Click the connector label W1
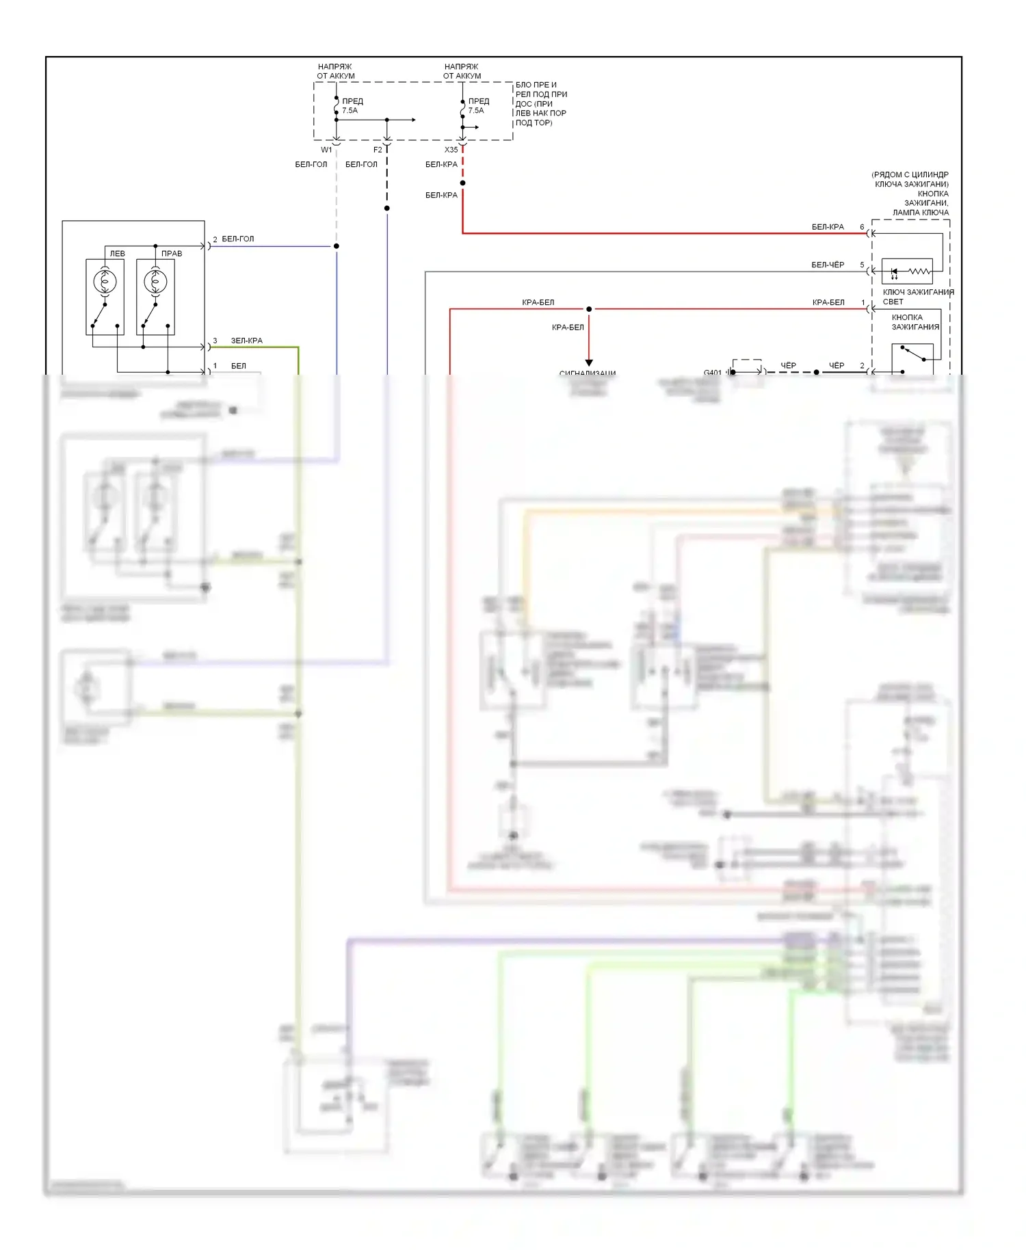(326, 150)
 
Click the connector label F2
(378, 150)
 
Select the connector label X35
(451, 150)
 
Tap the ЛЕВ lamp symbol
(105, 281)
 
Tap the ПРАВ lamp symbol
(155, 281)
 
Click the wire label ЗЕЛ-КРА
(246, 341)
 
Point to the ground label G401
(712, 373)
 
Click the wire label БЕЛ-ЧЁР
(828, 265)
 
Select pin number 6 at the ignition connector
(862, 227)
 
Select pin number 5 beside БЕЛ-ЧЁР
(862, 265)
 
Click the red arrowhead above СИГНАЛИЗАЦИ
(589, 362)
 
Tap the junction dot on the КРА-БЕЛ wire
(589, 309)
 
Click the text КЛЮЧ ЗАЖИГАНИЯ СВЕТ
(917, 297)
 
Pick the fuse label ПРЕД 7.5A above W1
(352, 106)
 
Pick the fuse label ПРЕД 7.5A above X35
(477, 106)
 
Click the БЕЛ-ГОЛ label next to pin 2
(237, 239)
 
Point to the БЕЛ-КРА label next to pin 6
(828, 227)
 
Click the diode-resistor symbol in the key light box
(907, 271)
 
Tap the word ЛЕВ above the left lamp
(118, 254)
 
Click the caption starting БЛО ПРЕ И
(540, 104)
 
